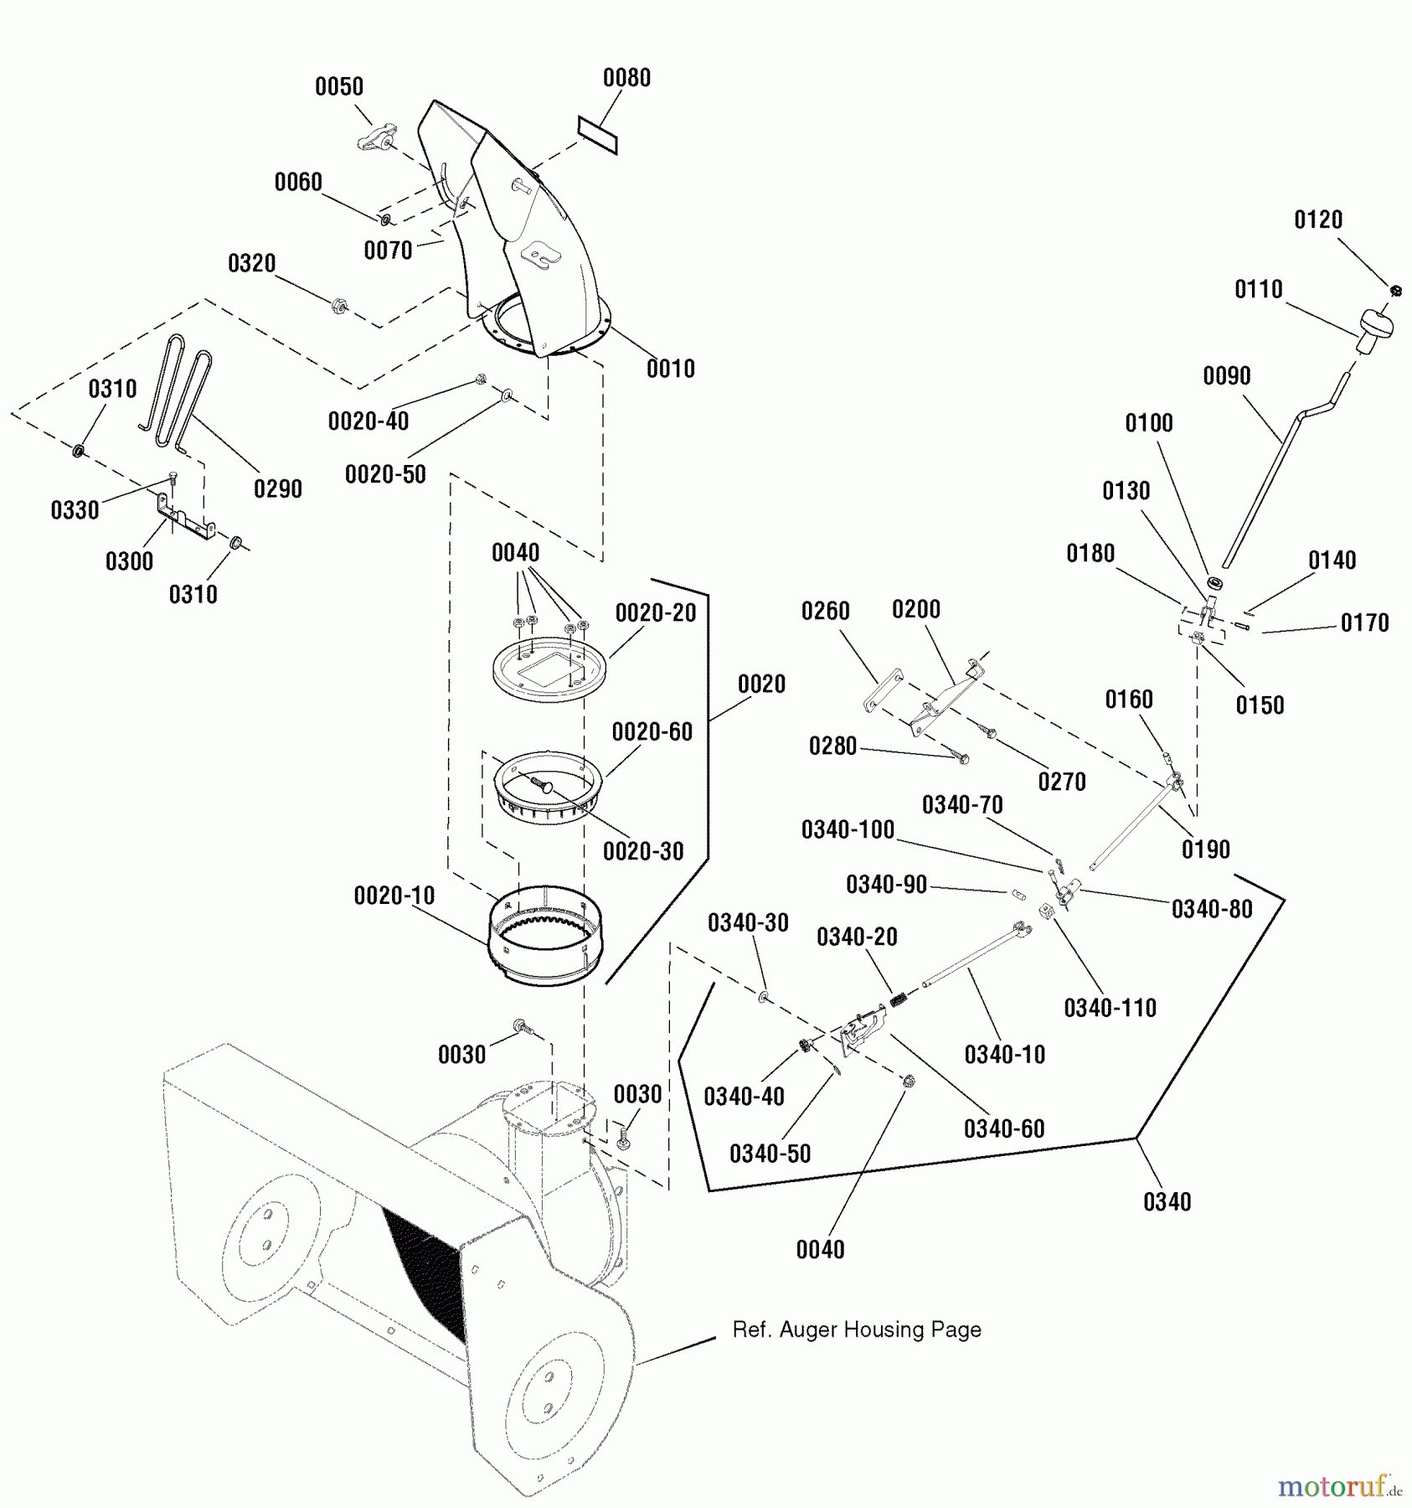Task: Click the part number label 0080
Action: pyautogui.click(x=626, y=78)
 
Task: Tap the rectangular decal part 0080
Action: pyautogui.click(x=597, y=136)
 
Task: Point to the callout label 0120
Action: pyautogui.click(x=1317, y=220)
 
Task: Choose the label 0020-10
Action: pyautogui.click(x=394, y=896)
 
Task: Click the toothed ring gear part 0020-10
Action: pyautogui.click(x=544, y=936)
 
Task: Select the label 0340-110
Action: pyautogui.click(x=1110, y=1008)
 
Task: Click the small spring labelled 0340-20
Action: pyautogui.click(x=899, y=998)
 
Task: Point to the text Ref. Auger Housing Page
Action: pyautogui.click(x=856, y=1330)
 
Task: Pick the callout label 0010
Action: pyautogui.click(x=670, y=369)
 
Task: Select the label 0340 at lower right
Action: pyautogui.click(x=1167, y=1202)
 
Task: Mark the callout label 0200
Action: pyautogui.click(x=915, y=610)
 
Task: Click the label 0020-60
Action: pyautogui.click(x=652, y=732)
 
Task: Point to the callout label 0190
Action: pyautogui.click(x=1205, y=850)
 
